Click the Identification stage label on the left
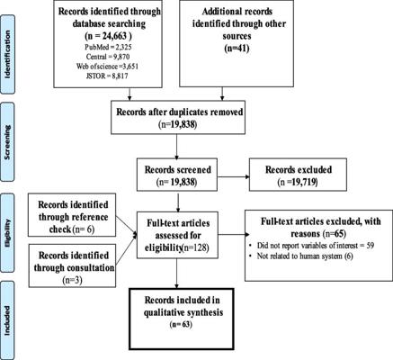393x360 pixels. click(x=7, y=54)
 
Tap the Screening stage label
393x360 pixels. click(x=7, y=142)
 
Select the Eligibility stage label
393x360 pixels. click(x=7, y=232)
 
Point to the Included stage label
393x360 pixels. click(x=7, y=320)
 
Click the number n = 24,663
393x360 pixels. click(x=108, y=36)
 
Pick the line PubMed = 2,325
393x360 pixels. click(x=108, y=47)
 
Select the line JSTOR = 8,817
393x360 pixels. click(x=107, y=76)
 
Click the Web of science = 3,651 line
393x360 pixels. click(x=107, y=67)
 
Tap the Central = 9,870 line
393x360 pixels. click(x=108, y=57)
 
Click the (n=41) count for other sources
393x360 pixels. click(x=237, y=48)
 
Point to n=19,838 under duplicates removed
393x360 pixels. click(x=178, y=124)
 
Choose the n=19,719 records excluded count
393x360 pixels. click(x=298, y=182)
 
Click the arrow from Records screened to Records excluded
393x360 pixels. click(x=234, y=176)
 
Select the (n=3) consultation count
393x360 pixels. click(x=72, y=280)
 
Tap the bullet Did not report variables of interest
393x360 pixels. click(x=313, y=246)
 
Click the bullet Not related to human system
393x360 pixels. click(x=301, y=256)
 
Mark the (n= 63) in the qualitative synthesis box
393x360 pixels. click(x=181, y=325)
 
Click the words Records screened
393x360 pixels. click(x=178, y=169)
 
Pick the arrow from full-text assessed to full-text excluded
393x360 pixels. click(x=232, y=235)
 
